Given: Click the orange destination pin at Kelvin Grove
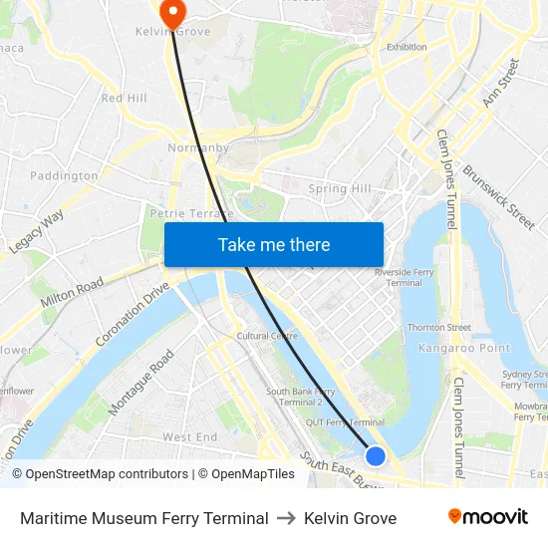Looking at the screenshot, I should (x=172, y=13).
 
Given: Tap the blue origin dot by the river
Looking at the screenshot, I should (x=375, y=455).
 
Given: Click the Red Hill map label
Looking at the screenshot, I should (x=124, y=98).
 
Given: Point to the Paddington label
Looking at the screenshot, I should (x=65, y=176).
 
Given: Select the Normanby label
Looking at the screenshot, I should (x=197, y=147).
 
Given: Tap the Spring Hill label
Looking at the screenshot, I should (x=340, y=188).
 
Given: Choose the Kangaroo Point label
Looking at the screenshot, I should (x=463, y=348).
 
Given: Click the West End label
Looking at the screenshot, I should (x=189, y=437).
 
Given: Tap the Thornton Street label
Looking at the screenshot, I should (x=438, y=327).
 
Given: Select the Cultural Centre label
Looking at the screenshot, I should (x=267, y=336).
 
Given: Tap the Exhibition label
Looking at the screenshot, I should (x=407, y=47).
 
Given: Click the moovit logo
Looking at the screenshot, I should (x=487, y=517).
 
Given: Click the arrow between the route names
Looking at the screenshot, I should (x=286, y=518).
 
